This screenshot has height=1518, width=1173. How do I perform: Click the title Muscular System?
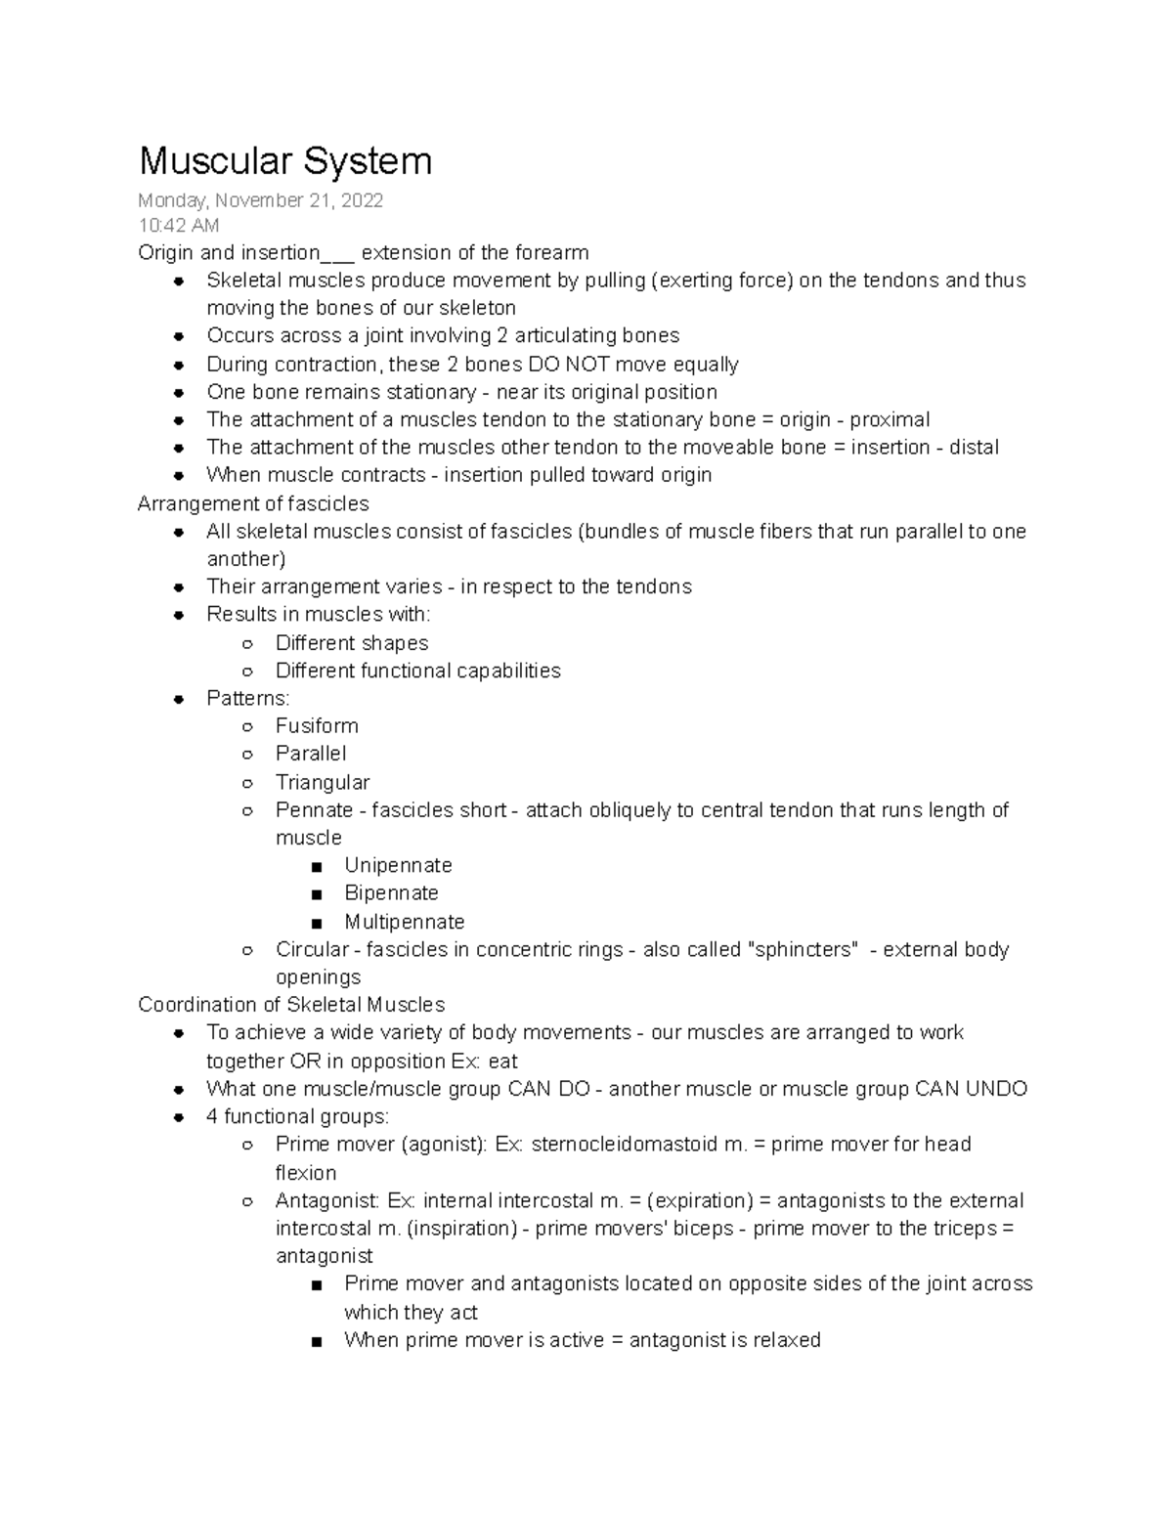[284, 161]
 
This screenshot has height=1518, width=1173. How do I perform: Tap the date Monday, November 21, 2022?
[260, 200]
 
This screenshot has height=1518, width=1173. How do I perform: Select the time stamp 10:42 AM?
[179, 226]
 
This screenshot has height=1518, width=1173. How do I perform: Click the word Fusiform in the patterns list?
[317, 726]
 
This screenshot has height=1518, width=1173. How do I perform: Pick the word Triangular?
[323, 782]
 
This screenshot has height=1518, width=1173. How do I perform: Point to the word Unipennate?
[398, 866]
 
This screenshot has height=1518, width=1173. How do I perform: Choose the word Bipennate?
[391, 893]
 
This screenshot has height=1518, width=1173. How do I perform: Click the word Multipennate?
[404, 922]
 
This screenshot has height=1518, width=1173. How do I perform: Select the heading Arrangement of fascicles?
[253, 504]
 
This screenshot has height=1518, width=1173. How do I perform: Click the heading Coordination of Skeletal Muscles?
[291, 1005]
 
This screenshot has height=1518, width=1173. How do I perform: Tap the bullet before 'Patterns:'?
[179, 699]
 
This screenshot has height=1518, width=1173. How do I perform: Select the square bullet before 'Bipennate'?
[315, 894]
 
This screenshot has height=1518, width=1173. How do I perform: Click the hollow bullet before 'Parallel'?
[248, 755]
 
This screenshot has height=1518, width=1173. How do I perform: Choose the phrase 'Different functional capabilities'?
[417, 672]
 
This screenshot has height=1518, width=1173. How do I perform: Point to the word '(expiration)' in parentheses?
[699, 1201]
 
